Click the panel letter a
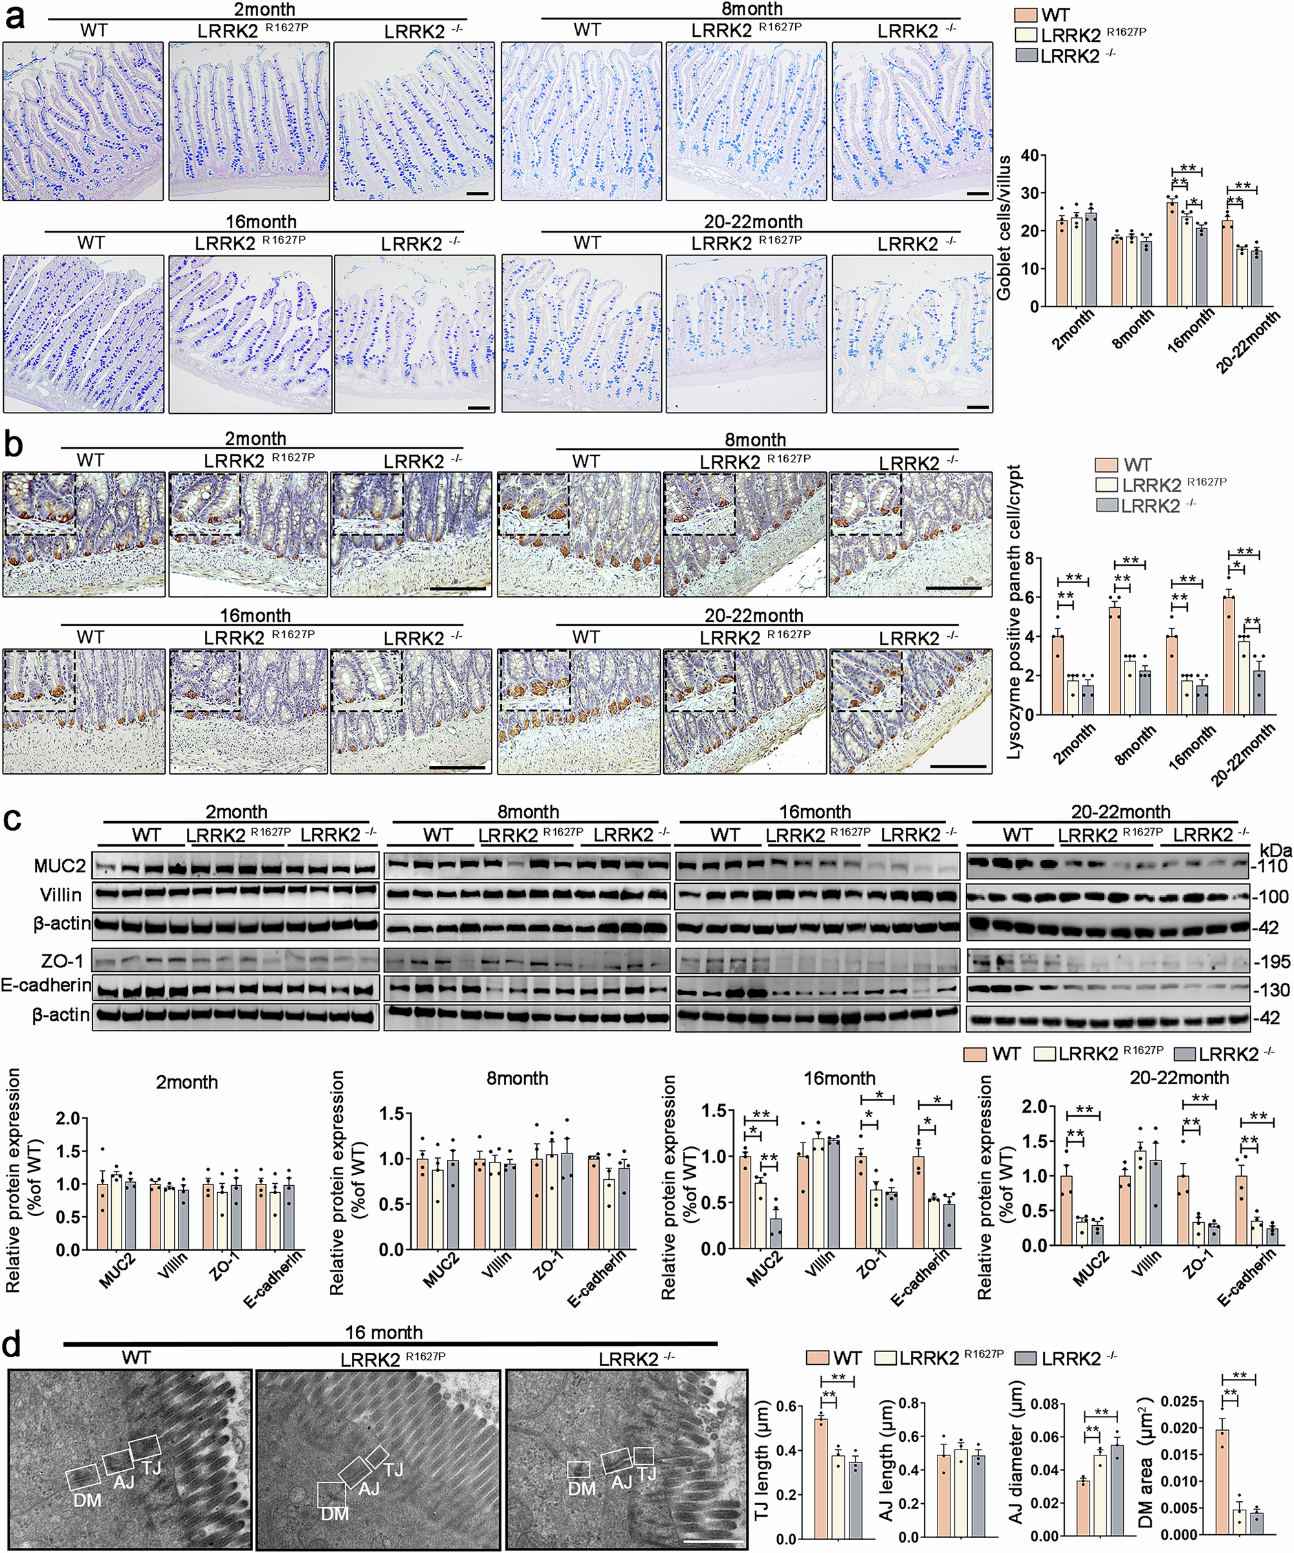[15, 16]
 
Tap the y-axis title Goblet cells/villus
[1004, 228]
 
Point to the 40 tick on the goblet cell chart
[1028, 155]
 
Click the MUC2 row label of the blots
[59, 866]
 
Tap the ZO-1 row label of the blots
[63, 961]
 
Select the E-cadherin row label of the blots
[46, 986]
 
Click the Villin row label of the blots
[61, 895]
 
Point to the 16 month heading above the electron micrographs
[383, 1333]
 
